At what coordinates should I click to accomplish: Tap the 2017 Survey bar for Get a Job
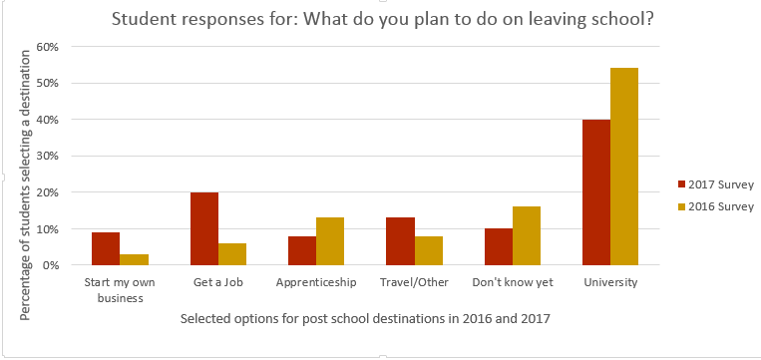[x=204, y=228]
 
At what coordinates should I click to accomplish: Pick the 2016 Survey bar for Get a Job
[x=232, y=254]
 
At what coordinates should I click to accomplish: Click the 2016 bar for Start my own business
[x=135, y=259]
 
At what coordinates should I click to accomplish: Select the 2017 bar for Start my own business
[x=107, y=248]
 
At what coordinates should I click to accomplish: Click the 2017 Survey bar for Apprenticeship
[x=302, y=250]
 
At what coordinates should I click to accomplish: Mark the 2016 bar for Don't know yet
[x=527, y=235]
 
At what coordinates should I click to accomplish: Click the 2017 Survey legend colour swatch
[x=682, y=184]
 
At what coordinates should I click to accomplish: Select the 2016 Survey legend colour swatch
[x=682, y=206]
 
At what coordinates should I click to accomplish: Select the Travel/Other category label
[x=414, y=282]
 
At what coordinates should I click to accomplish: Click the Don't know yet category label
[x=512, y=282]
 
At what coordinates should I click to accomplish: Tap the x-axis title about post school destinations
[x=365, y=318]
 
